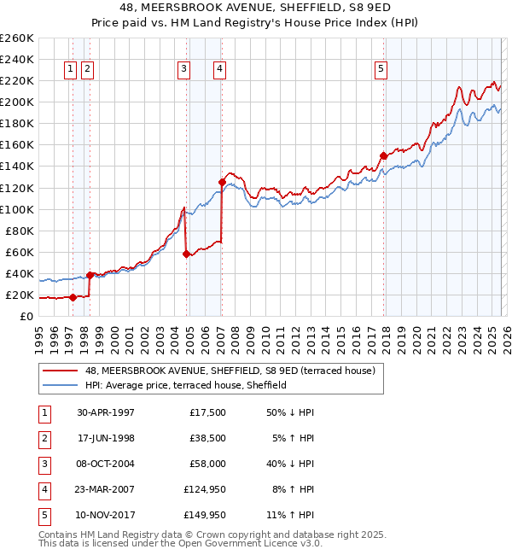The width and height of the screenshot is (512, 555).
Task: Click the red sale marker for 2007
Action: click(x=222, y=182)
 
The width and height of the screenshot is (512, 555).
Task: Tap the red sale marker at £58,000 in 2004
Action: click(x=185, y=254)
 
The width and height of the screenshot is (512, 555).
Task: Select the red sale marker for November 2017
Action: click(x=383, y=155)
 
